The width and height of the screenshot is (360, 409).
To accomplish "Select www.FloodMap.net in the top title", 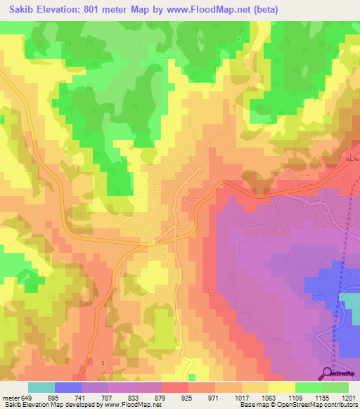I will (205, 10).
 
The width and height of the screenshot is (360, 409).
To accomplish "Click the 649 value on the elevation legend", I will (27, 398).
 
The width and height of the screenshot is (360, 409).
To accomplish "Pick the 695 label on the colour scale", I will (53, 398).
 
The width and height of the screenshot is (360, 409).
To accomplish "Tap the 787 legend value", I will (108, 398).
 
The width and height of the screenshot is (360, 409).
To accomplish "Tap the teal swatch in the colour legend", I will (41, 387).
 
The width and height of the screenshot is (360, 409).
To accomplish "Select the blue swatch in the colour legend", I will (68, 387).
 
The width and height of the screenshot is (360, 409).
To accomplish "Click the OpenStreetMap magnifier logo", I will (328, 373).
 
